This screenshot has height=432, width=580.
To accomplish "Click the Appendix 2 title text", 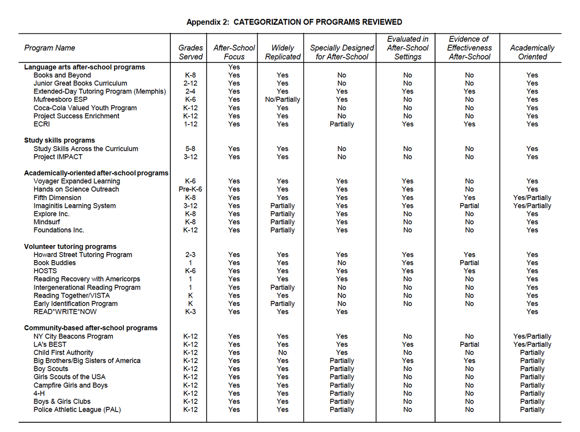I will (x=294, y=22).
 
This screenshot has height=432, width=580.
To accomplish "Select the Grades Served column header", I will (x=191, y=52).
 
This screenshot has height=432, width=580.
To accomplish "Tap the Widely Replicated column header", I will (x=282, y=52).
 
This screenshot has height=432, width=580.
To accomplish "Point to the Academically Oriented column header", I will (x=532, y=52).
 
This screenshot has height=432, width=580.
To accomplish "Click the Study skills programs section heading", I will (x=60, y=140).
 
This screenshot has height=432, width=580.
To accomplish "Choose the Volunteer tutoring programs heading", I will (x=70, y=247).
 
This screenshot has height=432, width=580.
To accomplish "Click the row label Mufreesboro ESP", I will (x=60, y=99).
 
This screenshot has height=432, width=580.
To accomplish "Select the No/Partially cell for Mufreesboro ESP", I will (x=282, y=99).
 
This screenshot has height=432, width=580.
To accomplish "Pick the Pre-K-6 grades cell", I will (x=191, y=189).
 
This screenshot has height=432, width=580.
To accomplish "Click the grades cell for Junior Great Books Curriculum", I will (x=191, y=83).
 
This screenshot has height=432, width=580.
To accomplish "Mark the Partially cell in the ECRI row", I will (x=342, y=124).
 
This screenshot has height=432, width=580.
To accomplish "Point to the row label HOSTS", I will (x=45, y=271).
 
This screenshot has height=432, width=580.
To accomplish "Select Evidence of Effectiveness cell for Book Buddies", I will (x=469, y=263).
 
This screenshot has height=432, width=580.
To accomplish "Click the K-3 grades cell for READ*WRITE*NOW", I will (x=191, y=312).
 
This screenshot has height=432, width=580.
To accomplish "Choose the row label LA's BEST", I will (x=50, y=344).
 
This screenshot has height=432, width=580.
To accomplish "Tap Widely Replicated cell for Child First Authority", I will (x=282, y=352).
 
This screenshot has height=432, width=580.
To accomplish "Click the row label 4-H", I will (x=39, y=393).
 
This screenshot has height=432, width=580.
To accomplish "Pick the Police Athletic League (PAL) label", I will (x=77, y=409).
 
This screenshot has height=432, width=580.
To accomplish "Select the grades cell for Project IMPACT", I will (x=191, y=157).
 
